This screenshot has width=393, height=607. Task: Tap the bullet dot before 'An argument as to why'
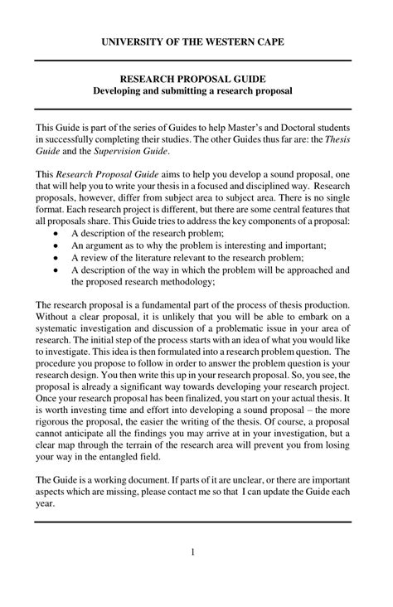[55, 246]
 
